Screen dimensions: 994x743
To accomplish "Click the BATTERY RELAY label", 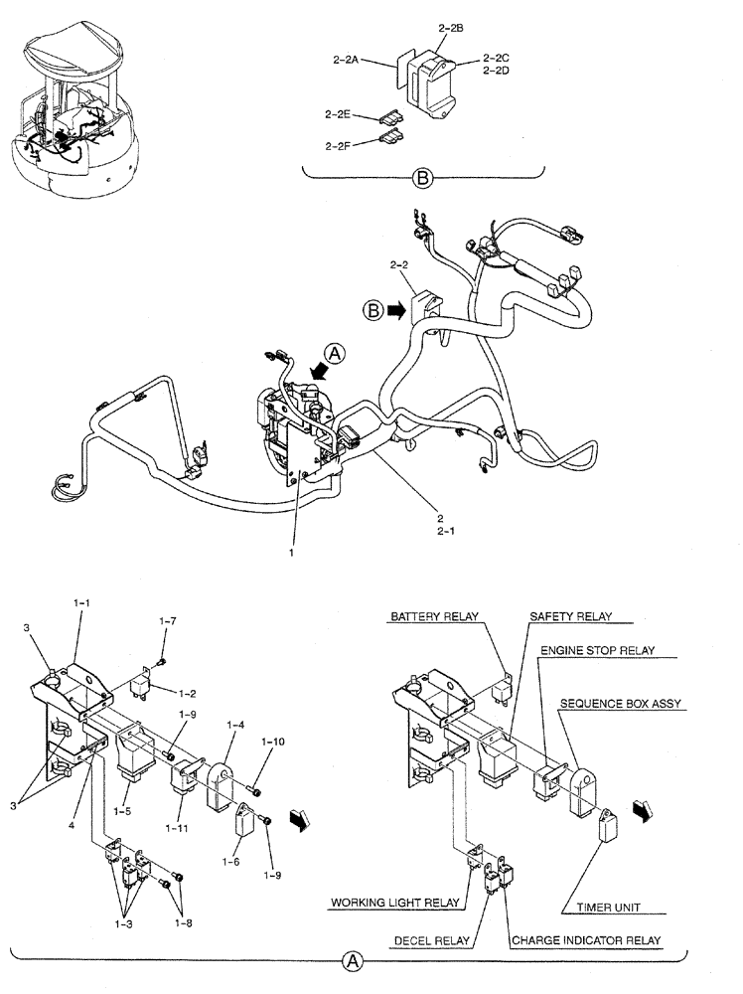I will pyautogui.click(x=433, y=616).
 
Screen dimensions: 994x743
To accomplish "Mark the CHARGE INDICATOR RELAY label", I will pyautogui.click(x=586, y=938).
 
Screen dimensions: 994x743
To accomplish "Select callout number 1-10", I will pyautogui.click(x=274, y=742).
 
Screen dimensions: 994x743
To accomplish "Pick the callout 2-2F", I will pyautogui.click(x=339, y=145).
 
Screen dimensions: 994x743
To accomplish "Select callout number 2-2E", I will pyautogui.click(x=339, y=114).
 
